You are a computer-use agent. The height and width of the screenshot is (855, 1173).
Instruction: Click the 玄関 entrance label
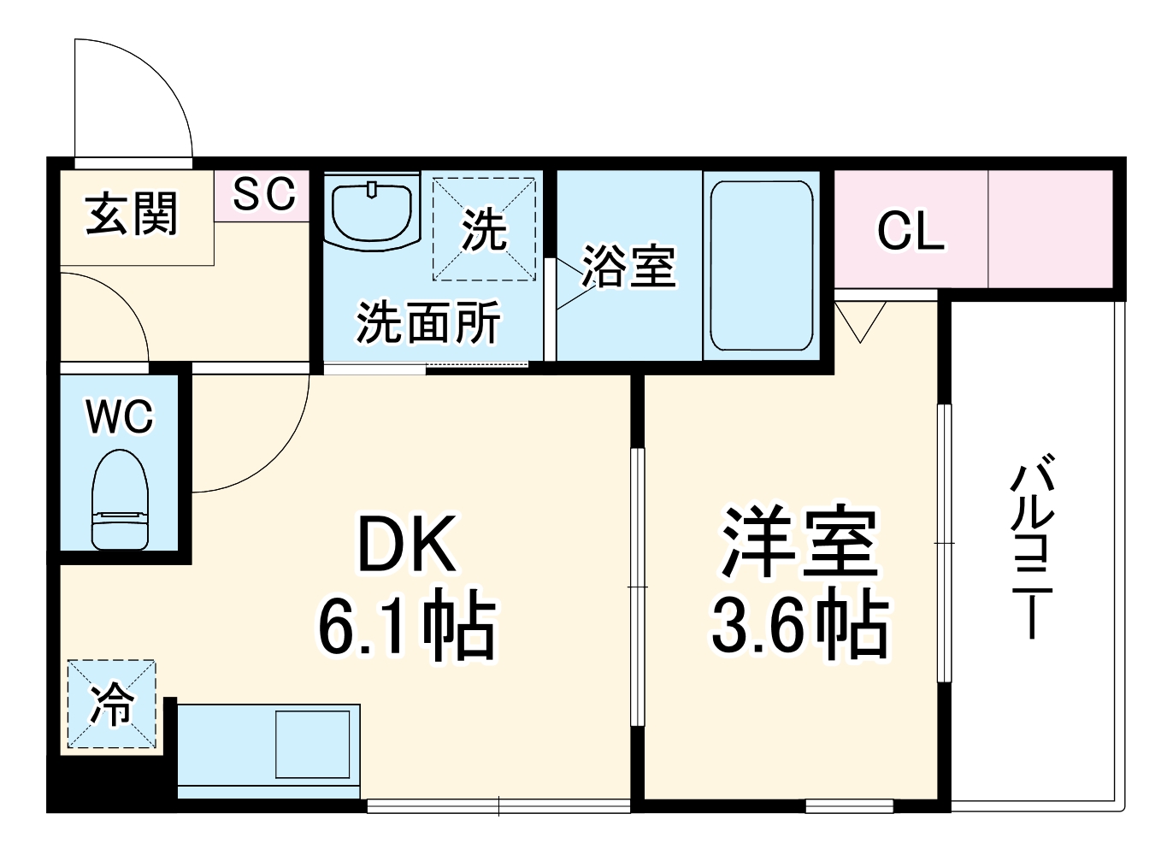coord(132,214)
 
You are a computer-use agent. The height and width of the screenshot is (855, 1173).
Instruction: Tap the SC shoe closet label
coord(264,194)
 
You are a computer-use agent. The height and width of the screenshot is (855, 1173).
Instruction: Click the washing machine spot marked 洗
coord(484,229)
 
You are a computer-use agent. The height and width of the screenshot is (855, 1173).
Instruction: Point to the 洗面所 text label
coord(427,322)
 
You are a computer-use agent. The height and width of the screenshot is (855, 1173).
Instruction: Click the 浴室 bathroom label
coord(629,266)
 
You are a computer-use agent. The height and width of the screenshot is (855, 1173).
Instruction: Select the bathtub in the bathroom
coord(761,265)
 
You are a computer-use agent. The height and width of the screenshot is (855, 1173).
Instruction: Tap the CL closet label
coord(911,231)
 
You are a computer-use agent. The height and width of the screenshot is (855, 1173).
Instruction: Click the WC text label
coord(120,416)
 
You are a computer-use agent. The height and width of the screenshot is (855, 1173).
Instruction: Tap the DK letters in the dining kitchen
coord(406,545)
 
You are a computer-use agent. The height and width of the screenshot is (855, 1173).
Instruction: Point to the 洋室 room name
coord(799,543)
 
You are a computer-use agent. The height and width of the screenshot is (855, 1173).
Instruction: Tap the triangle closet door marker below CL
coord(860,321)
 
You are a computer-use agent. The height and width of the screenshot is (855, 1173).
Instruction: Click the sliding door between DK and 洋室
coord(637,587)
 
